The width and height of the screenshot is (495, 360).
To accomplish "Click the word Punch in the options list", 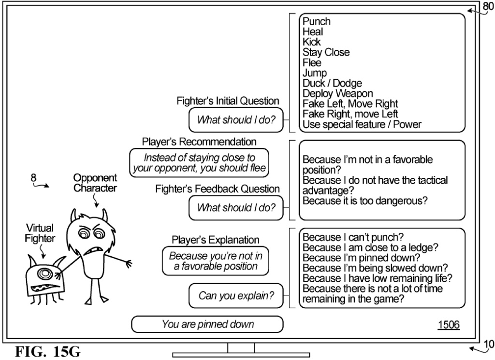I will pos(317,22).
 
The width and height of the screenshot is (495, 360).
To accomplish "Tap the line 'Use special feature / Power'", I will pos(362,124).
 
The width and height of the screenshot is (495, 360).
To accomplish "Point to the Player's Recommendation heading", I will pos(199,141).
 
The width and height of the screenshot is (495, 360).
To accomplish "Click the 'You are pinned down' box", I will pos(208,324).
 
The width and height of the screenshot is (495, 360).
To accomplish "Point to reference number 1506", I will pos(448,325).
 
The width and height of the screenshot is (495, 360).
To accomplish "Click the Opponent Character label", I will pos(95,184).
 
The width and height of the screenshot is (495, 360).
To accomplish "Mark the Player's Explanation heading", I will pos(216,240).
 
